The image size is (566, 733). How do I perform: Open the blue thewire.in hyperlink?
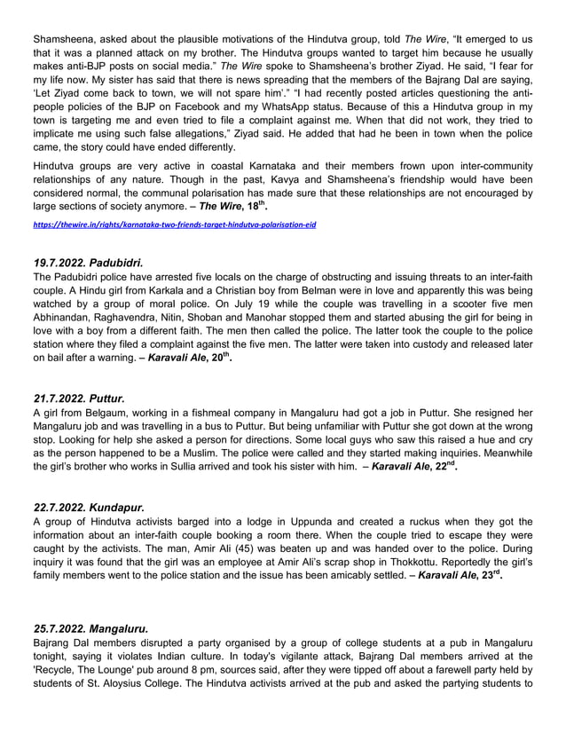(174, 225)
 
